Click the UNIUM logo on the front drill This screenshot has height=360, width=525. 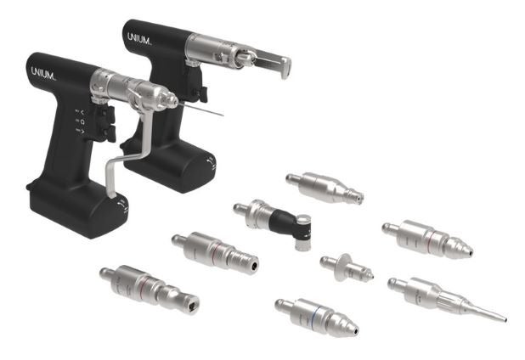pos(43,74)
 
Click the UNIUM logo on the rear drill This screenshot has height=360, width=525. pos(139,39)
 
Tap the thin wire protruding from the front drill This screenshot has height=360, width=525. pos(200,110)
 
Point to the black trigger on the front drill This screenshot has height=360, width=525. pos(105,124)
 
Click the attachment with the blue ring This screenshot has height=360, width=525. pos(317,317)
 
